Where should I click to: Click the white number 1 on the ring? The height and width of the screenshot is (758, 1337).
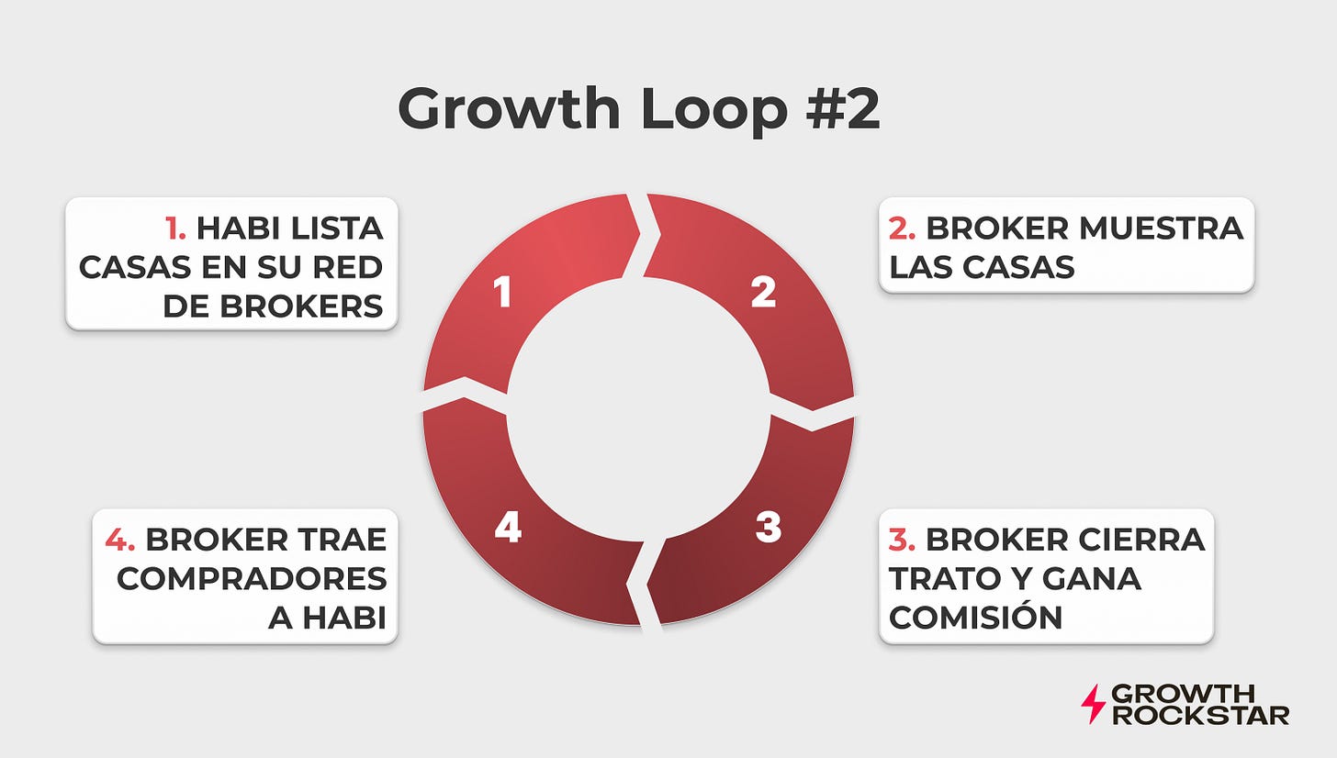tap(501, 293)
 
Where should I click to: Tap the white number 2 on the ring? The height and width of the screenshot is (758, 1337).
tap(763, 292)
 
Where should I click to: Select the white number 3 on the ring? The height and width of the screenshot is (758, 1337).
tap(768, 527)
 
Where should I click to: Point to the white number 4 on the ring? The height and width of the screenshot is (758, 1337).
tap(508, 527)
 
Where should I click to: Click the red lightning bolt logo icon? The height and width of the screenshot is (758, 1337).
tap(1093, 704)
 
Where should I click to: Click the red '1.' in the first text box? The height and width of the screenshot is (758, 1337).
tap(175, 228)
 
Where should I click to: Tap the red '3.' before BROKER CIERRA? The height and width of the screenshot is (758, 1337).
tap(903, 540)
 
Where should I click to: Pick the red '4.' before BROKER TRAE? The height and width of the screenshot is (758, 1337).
tap(120, 540)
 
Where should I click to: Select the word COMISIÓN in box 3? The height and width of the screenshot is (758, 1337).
tap(976, 618)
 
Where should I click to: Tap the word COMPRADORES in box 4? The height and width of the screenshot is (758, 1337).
tap(252, 579)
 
